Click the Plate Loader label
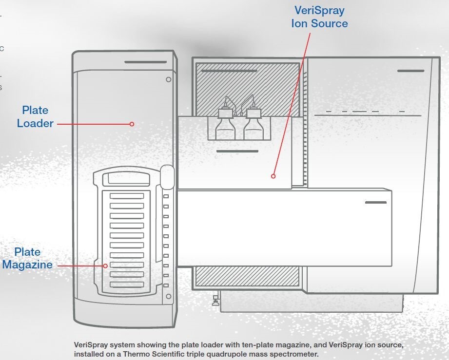point(35,117)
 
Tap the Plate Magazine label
point(27,258)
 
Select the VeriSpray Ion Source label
point(319,17)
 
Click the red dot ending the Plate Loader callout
point(132,124)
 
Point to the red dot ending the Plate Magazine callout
point(105,265)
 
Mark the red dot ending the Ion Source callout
point(273,176)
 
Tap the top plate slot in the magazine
point(127,196)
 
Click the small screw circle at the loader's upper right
point(169,79)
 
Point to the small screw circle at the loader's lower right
point(168,296)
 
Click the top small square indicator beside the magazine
point(166,196)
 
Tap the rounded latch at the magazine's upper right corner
point(167,177)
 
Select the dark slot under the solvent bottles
point(237,151)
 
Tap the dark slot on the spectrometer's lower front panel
point(375,202)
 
